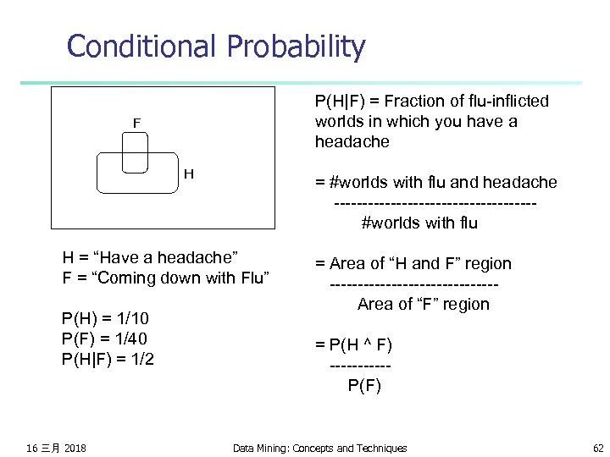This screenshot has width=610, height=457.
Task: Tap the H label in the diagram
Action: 189,173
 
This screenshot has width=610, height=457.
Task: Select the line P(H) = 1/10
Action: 105,318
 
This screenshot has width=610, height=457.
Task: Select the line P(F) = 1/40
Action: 105,339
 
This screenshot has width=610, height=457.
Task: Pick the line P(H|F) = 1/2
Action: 108,359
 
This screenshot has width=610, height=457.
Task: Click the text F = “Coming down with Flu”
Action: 165,278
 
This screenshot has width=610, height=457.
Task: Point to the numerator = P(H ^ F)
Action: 353,344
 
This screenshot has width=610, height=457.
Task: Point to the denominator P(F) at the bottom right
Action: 364,386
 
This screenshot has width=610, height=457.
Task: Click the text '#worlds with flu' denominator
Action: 419,223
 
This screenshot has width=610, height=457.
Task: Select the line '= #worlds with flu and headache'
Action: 435,182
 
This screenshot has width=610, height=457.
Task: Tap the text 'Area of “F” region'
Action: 423,304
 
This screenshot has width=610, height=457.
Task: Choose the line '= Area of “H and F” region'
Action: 413,263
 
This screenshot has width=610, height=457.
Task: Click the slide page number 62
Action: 599,448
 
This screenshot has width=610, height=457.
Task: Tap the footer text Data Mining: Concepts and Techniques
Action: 319,448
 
